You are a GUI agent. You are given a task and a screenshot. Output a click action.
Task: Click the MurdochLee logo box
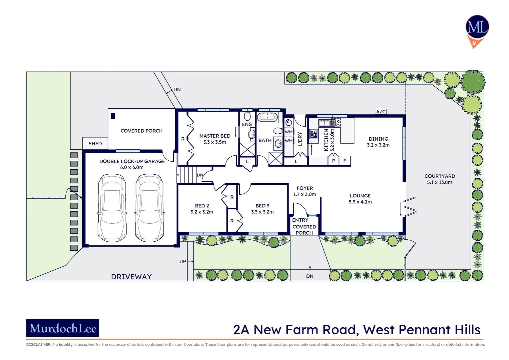(x=63, y=328)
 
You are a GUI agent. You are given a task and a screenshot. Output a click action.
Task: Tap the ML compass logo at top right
(x=477, y=28)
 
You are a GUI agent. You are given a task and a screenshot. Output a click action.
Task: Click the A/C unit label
(x=381, y=112)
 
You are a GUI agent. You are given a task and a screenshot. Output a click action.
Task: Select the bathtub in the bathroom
(x=267, y=117)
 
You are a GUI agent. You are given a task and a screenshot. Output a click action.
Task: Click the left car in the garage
(x=112, y=208)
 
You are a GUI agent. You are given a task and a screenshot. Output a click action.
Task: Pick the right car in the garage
(x=150, y=208)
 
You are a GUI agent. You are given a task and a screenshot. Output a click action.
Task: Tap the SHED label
(x=95, y=144)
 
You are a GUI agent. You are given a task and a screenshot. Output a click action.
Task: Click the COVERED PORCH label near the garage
(x=142, y=131)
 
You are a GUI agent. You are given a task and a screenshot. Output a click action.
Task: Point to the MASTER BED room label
(x=215, y=136)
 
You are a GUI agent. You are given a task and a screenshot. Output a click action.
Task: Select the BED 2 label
(x=202, y=206)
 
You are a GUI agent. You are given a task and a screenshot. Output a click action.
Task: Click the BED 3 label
(x=262, y=206)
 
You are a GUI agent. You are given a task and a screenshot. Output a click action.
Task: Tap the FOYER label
(x=305, y=188)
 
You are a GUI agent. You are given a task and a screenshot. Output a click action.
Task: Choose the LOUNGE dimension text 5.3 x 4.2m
(x=360, y=202)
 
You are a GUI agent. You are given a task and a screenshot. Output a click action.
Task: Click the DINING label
(x=378, y=139)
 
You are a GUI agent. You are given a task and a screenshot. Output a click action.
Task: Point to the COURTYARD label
(x=440, y=176)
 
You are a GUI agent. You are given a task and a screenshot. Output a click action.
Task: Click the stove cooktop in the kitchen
(x=313, y=134)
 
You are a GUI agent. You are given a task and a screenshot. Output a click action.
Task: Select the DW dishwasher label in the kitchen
(x=338, y=123)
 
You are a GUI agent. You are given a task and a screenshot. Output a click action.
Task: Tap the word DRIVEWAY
(x=131, y=277)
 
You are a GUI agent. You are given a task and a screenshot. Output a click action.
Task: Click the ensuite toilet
(x=247, y=116)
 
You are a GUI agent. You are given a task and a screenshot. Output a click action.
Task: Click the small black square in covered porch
(x=113, y=116)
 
